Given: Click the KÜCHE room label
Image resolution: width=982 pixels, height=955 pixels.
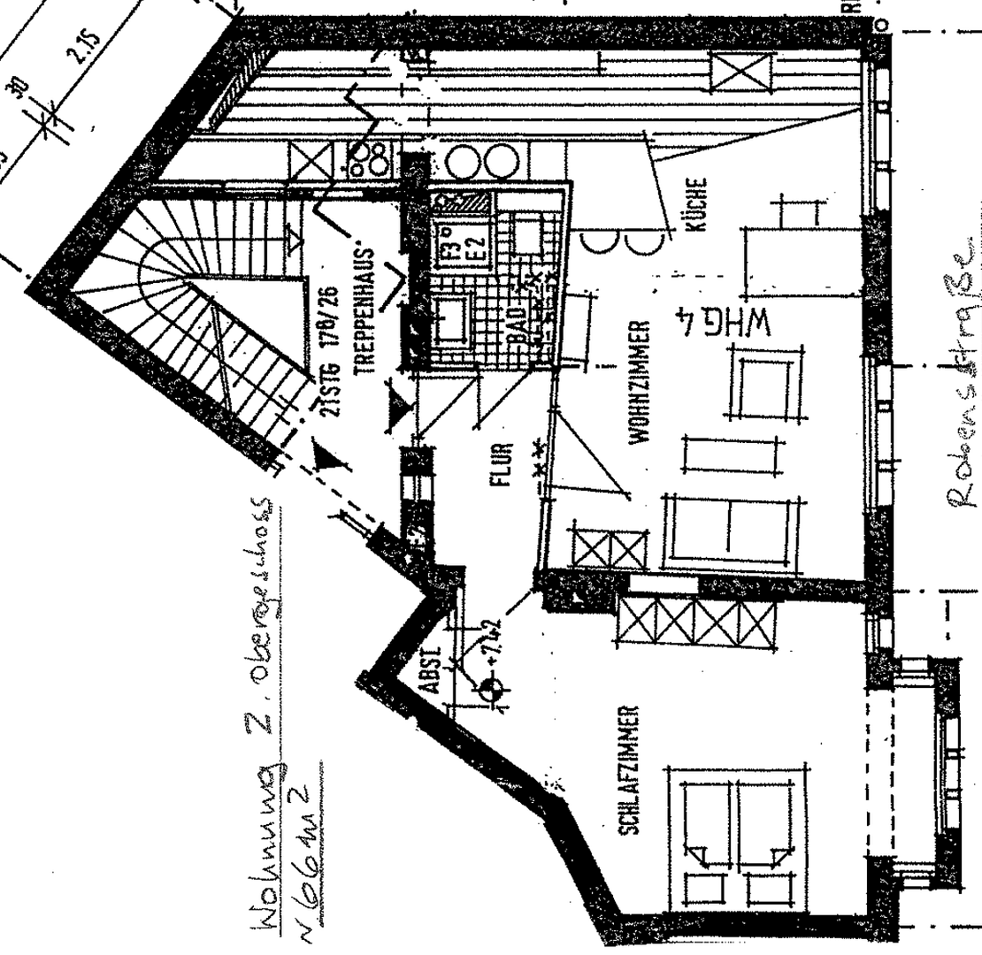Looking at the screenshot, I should coord(696,205).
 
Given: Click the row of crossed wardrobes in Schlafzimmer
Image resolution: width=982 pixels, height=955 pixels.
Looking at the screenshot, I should coord(696,619).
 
